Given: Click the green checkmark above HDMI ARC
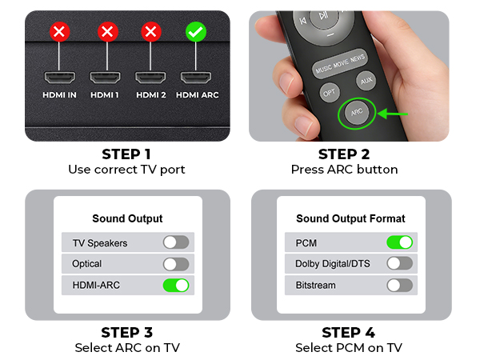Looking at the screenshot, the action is (196, 32).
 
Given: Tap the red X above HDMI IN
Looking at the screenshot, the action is (59, 32).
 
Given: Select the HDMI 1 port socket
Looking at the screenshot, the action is (105, 78).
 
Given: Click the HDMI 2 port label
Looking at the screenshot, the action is (151, 95).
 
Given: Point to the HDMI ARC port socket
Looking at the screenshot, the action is (196, 78).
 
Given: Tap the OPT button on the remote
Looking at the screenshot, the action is (330, 93).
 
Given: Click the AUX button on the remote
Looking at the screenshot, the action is (366, 81).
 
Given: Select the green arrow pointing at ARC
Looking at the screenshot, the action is (393, 114).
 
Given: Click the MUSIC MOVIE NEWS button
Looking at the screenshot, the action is (340, 63).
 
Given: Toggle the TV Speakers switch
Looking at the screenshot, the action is (176, 242).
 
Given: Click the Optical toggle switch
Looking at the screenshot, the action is (176, 264).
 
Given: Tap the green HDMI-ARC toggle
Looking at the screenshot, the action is (176, 286).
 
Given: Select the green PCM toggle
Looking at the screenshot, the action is (399, 242).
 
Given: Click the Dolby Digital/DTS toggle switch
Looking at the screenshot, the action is (399, 263).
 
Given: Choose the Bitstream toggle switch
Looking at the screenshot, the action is (399, 286).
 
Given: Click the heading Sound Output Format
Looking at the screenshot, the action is (350, 218).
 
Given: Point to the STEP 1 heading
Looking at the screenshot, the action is (126, 154).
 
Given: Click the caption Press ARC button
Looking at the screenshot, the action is (344, 170).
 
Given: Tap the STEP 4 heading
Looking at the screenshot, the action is (348, 333).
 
